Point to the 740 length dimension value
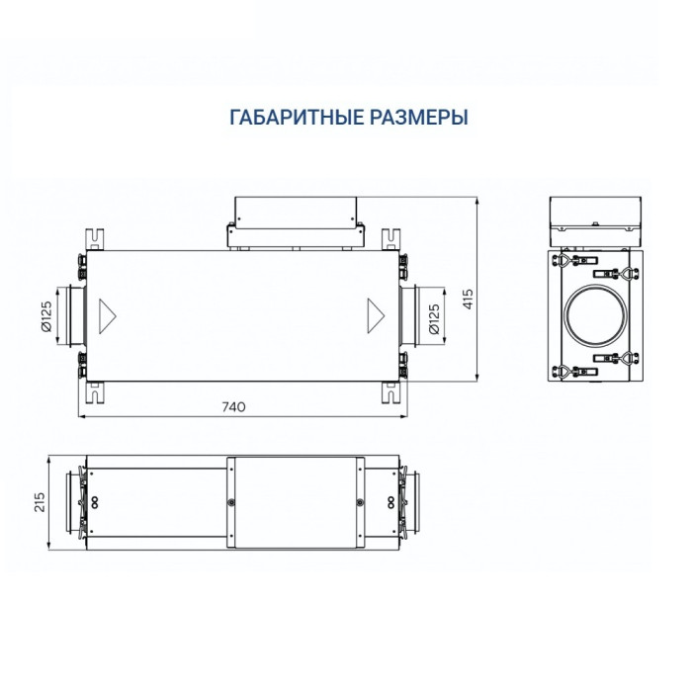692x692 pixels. [x=234, y=406]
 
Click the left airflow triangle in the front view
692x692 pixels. [x=107, y=315]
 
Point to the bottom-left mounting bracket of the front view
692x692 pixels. [x=95, y=393]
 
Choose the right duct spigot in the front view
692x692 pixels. [x=410, y=315]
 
